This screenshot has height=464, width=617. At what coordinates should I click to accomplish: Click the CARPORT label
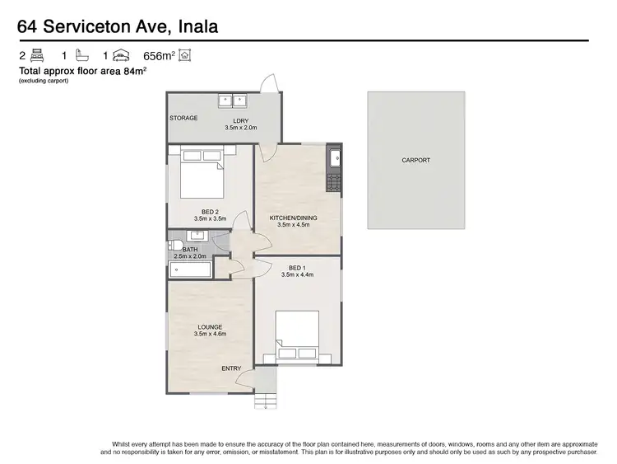point(415,160)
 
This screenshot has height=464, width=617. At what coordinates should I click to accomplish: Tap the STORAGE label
point(183,118)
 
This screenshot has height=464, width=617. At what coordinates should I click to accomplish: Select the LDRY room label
point(241,121)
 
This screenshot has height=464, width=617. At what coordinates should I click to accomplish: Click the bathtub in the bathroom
point(190,269)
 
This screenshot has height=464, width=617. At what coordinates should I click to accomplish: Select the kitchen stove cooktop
point(334,182)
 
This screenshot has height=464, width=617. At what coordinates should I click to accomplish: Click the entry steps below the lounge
point(266,401)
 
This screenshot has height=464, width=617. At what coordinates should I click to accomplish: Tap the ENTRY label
point(232,368)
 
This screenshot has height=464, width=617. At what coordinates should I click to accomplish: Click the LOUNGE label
point(210,327)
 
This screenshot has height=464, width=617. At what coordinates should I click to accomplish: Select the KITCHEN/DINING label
point(293,218)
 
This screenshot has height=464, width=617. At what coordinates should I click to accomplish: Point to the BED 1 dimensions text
point(297,275)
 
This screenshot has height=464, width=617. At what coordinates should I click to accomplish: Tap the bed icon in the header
point(37,56)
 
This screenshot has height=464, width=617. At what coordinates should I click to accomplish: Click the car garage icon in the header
point(122,56)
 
